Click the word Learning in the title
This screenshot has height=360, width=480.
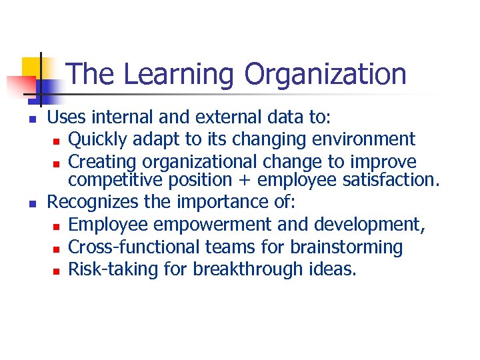[179, 75]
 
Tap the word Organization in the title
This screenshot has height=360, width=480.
[325, 75]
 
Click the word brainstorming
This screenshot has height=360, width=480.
[346, 247]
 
